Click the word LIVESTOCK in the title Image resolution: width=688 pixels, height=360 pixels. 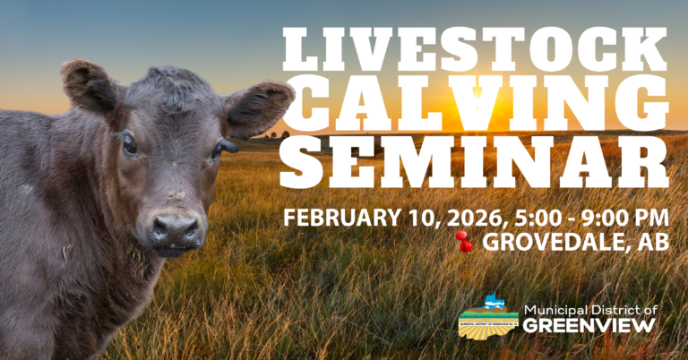475,52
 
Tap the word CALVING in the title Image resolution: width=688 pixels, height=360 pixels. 475,109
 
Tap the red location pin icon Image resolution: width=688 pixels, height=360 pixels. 464,241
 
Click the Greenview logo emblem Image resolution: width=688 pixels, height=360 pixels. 488,317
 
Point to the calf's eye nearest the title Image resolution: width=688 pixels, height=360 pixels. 216,150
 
